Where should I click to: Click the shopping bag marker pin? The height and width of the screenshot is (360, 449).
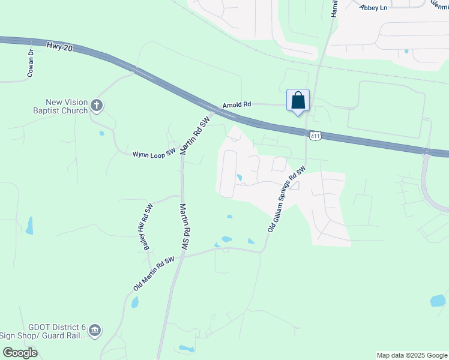(x=298, y=100)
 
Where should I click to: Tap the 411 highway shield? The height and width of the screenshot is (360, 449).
(x=315, y=136)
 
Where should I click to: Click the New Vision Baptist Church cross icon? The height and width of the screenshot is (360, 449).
(x=96, y=106)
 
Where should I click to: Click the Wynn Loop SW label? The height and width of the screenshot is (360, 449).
(x=154, y=154)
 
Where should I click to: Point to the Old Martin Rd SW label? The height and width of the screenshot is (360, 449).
(x=153, y=274)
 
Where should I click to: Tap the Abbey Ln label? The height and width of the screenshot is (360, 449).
(x=373, y=7)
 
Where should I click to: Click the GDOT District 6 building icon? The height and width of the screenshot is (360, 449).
(x=95, y=330)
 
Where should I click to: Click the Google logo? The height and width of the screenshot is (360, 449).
(x=20, y=353)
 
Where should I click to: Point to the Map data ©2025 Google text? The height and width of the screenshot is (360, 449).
(x=411, y=355)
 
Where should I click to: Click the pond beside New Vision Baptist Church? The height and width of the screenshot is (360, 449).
(x=102, y=133)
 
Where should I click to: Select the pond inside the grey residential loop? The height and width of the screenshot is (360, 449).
(x=240, y=178)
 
